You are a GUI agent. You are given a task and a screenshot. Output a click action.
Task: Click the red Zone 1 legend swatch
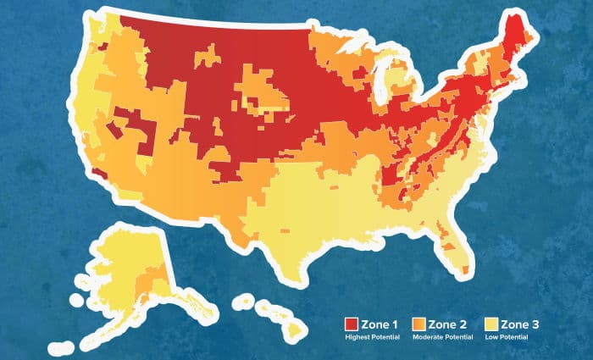(x=351, y=324)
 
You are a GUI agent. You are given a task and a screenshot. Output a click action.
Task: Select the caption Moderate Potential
(x=443, y=336)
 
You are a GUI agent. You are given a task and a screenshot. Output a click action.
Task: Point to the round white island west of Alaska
(x=76, y=299)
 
